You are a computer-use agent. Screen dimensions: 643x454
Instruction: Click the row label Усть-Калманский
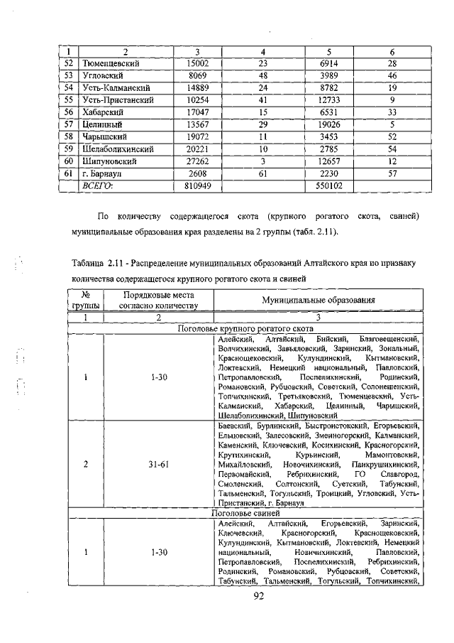115,87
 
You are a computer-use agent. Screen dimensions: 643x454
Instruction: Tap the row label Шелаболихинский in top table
119,148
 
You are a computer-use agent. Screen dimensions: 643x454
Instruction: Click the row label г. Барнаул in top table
105,173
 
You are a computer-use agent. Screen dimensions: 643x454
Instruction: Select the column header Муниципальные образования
316,300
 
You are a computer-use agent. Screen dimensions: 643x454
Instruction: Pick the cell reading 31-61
158,464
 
